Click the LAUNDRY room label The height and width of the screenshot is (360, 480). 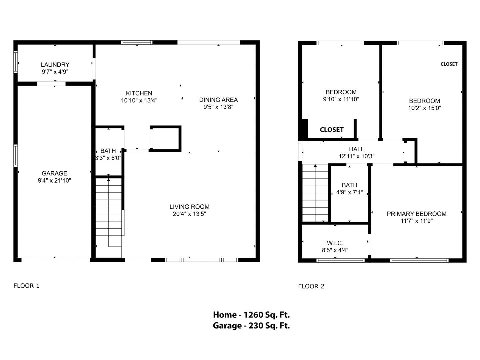(55, 65)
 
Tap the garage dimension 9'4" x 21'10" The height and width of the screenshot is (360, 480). (54, 181)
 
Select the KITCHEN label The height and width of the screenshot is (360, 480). (139, 93)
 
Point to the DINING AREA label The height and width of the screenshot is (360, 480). (218, 100)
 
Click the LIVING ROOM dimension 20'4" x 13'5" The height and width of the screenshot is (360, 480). (189, 214)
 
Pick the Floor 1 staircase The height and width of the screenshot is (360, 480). (109, 213)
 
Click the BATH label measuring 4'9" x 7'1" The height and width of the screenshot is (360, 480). (349, 185)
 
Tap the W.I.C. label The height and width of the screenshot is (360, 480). (335, 243)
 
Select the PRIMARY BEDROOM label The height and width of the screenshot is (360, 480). (417, 214)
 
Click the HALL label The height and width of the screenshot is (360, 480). (356, 149)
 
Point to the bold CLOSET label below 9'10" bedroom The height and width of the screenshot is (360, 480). (332, 130)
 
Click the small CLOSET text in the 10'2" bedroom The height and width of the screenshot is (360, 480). (449, 64)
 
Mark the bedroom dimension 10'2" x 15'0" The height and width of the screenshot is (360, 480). (425, 108)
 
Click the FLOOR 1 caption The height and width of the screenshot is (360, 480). (26, 286)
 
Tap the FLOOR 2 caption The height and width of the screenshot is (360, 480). (311, 286)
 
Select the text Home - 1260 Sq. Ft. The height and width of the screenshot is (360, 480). (251, 315)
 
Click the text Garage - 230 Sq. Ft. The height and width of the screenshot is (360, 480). (251, 326)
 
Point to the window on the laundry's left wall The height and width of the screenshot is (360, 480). (15, 61)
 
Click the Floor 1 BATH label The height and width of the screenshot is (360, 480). (108, 151)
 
